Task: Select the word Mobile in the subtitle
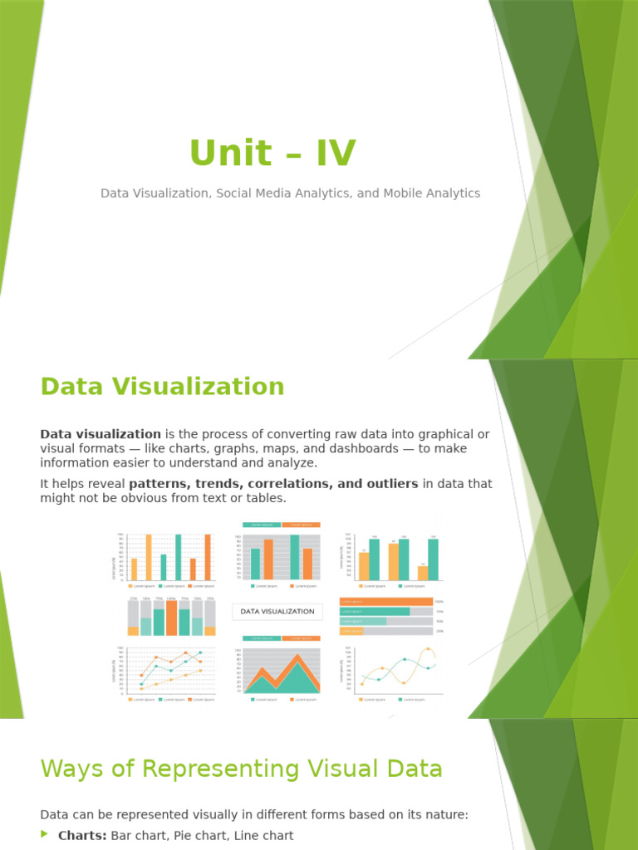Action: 407,193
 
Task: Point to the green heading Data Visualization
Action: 162,387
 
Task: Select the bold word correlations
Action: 299,483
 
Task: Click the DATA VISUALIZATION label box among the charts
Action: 277,612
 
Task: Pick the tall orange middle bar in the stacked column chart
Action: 171,618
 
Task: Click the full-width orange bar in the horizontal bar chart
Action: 386,602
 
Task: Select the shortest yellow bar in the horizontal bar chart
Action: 351,632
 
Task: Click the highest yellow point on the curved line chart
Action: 428,649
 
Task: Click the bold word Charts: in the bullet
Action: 82,836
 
